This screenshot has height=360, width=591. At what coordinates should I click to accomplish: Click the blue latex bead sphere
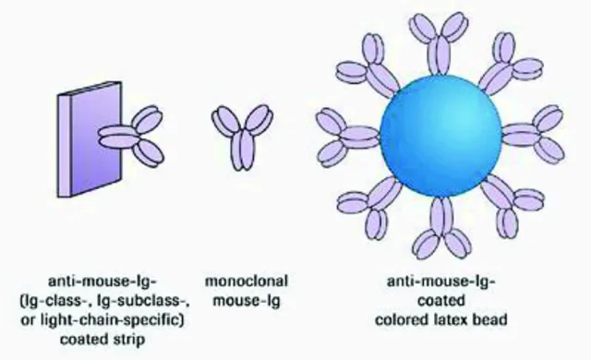[440, 136]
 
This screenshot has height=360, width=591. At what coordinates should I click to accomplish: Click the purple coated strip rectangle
[90, 139]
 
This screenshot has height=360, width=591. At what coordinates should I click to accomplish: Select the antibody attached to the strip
[131, 136]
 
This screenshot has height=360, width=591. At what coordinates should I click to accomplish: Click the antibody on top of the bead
[440, 43]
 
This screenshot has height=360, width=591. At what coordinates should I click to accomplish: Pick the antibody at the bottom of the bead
[441, 227]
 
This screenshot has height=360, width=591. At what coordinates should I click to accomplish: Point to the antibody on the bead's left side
[347, 138]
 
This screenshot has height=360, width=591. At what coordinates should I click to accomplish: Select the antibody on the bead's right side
[534, 135]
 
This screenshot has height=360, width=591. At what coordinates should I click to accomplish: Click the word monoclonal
[247, 282]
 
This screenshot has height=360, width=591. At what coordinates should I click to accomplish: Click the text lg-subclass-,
[143, 301]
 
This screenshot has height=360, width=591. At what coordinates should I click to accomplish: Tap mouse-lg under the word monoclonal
[247, 301]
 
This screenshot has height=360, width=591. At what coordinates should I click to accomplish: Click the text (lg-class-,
[55, 301]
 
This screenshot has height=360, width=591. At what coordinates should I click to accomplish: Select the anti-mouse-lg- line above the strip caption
[103, 282]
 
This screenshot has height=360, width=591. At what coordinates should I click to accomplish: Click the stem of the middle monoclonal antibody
[242, 150]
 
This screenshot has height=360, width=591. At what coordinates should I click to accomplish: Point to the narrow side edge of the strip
[64, 146]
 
